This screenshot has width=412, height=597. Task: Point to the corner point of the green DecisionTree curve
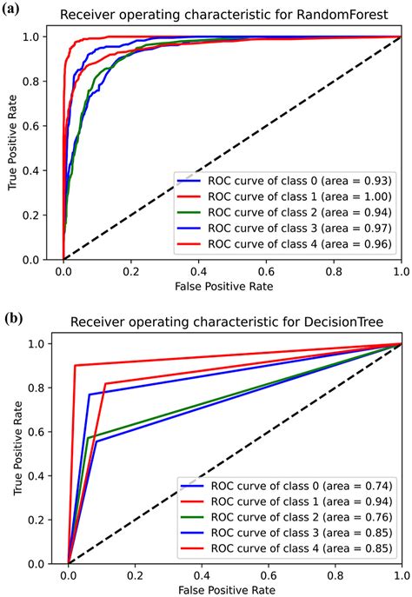[88, 437]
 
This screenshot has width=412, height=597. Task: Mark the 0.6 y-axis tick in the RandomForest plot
[42, 126]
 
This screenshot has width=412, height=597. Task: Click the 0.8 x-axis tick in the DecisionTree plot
[334, 576]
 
